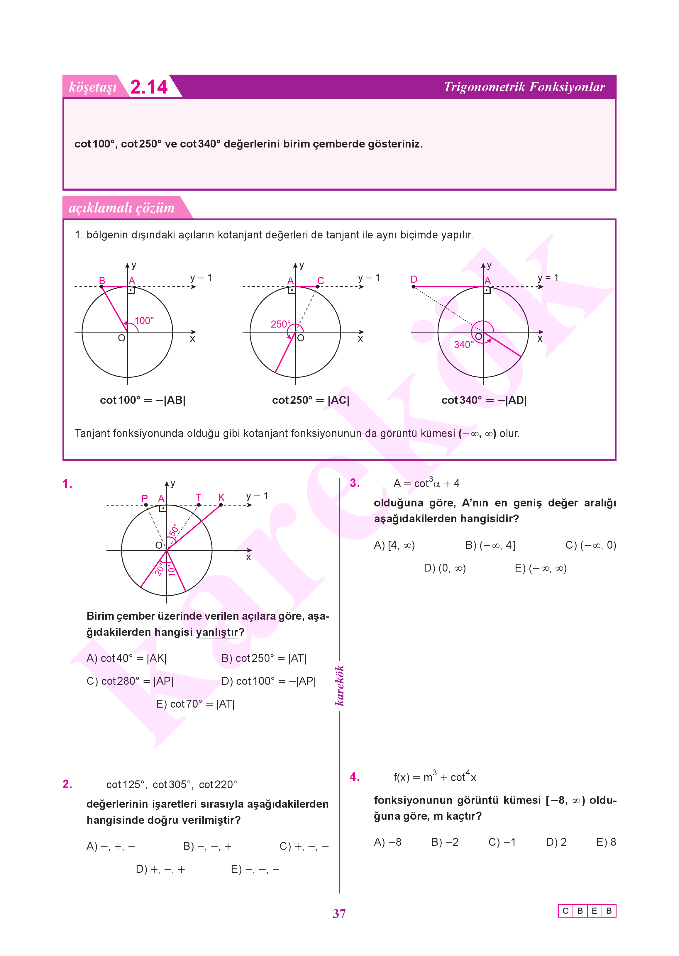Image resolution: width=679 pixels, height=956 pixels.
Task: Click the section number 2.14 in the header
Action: pyautogui.click(x=149, y=87)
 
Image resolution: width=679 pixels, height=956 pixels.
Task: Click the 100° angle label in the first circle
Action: pyautogui.click(x=144, y=321)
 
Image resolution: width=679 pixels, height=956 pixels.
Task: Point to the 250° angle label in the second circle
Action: pyautogui.click(x=281, y=324)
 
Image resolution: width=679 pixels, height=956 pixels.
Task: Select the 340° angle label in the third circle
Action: pyautogui.click(x=464, y=345)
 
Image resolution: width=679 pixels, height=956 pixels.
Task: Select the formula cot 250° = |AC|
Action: pyautogui.click(x=311, y=400)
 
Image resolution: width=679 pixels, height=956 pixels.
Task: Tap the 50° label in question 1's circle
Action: pyautogui.click(x=174, y=530)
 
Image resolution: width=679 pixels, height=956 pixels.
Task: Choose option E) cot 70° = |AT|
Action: pyautogui.click(x=195, y=704)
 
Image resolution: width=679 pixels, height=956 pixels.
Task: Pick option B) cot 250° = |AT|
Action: pyautogui.click(x=264, y=658)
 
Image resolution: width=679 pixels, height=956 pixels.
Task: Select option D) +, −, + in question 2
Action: pyautogui.click(x=160, y=869)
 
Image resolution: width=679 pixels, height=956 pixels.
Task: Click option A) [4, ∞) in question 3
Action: pyautogui.click(x=394, y=545)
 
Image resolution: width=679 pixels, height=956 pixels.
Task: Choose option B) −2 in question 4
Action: pyautogui.click(x=445, y=842)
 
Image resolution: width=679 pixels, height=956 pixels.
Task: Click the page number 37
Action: pyautogui.click(x=339, y=914)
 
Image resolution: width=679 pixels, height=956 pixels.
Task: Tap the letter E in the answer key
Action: pyautogui.click(x=594, y=911)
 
